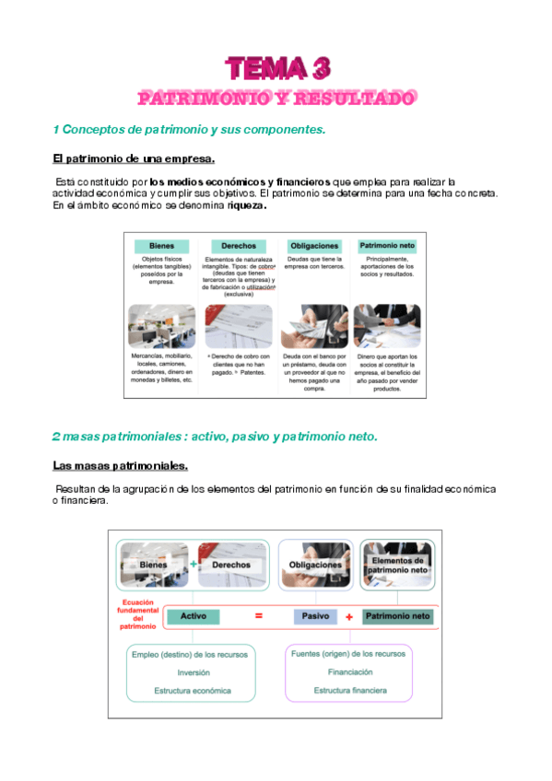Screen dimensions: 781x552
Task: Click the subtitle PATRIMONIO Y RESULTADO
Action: click(x=276, y=98)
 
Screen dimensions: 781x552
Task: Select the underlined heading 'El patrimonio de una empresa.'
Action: click(x=134, y=158)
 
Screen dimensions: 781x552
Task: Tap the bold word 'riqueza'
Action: click(x=246, y=206)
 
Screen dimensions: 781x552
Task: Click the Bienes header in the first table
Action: click(x=162, y=246)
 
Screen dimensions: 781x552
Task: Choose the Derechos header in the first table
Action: click(x=238, y=246)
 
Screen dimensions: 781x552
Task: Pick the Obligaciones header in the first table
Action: click(x=314, y=246)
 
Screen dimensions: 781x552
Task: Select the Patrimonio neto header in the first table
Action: click(x=388, y=246)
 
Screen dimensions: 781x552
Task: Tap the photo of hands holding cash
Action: click(x=314, y=326)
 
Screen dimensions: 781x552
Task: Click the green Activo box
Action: click(x=194, y=616)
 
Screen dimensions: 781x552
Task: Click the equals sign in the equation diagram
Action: click(x=259, y=616)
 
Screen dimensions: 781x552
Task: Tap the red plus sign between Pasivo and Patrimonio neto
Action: click(x=349, y=616)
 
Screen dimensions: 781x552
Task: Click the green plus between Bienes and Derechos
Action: click(x=194, y=564)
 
